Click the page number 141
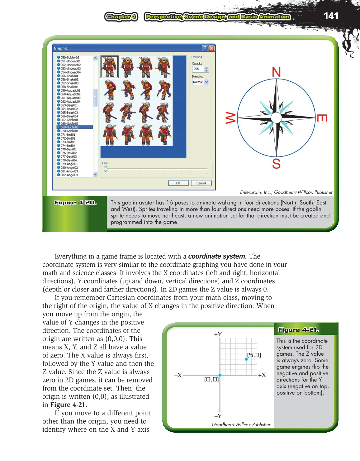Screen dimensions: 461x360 (x=331, y=16)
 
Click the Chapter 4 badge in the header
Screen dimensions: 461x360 (x=121, y=17)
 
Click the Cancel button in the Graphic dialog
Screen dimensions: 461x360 (x=201, y=183)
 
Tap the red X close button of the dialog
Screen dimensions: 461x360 (x=211, y=48)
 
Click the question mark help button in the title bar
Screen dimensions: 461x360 (x=205, y=48)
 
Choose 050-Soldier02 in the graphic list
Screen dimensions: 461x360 (x=70, y=58)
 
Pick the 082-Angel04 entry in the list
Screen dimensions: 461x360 (x=69, y=175)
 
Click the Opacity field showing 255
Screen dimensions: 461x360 (x=198, y=69)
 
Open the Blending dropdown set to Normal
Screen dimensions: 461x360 (x=200, y=82)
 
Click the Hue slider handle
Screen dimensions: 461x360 (x=106, y=169)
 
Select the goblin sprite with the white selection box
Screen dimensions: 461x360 (x=109, y=67)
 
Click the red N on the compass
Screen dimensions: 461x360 (x=276, y=72)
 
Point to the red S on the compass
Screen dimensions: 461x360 (x=276, y=164)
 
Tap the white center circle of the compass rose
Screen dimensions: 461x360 (x=276, y=118)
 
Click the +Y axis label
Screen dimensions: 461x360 (x=218, y=334)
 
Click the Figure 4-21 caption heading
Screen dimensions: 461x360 (x=298, y=330)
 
